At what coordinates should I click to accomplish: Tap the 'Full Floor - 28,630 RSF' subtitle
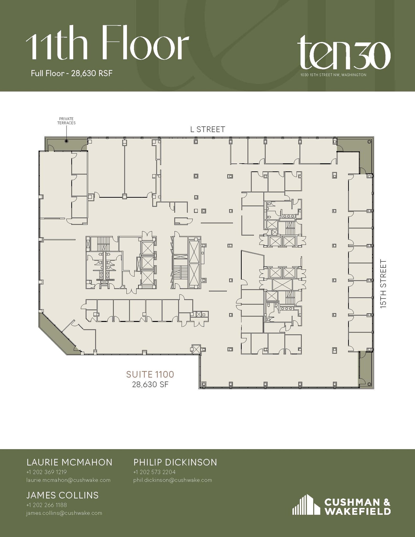click(72, 73)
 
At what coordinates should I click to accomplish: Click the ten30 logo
click(344, 52)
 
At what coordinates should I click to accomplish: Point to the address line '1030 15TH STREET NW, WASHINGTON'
click(333, 75)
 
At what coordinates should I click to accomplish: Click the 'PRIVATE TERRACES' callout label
click(66, 121)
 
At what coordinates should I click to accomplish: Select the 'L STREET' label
click(207, 129)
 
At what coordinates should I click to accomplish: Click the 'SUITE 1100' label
click(150, 374)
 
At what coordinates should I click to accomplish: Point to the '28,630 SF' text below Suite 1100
click(150, 384)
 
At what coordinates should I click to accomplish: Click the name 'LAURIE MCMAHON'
click(69, 462)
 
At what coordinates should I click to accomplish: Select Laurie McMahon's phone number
click(47, 472)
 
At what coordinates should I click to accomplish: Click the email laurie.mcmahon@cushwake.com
click(68, 480)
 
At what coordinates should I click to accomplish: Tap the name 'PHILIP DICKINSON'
click(175, 462)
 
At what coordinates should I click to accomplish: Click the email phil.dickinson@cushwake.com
click(173, 480)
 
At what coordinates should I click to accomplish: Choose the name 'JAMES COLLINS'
click(62, 495)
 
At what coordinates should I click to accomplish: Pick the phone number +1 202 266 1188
click(47, 505)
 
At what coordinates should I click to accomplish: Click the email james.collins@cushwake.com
click(64, 513)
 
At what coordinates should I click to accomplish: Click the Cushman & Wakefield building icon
click(306, 505)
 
